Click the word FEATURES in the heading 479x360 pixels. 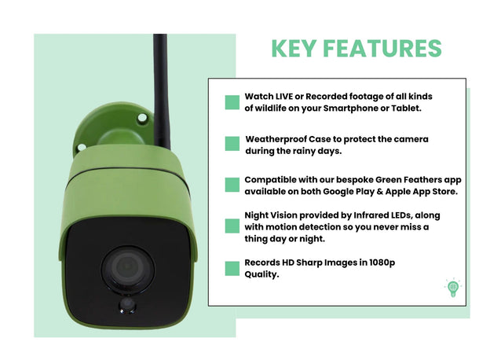[386, 48]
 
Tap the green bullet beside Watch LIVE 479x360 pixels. [232, 102]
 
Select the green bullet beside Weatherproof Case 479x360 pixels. [232, 143]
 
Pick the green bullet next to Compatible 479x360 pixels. [232, 185]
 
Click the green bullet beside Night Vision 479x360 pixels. [232, 226]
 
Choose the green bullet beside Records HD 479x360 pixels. [232, 269]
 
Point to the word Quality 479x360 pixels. [261, 275]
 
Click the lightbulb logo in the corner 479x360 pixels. [452, 288]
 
